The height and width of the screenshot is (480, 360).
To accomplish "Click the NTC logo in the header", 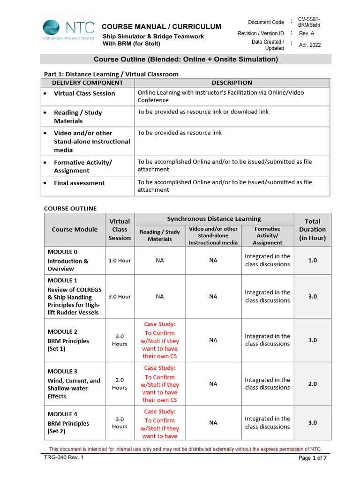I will point(68,29).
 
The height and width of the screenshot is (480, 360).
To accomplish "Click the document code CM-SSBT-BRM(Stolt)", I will point(309,22).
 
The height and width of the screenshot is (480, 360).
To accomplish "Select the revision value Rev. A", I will point(307,33).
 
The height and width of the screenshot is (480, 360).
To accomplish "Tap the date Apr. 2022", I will point(310,45).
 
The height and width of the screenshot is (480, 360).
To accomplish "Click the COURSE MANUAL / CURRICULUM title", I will point(162,26).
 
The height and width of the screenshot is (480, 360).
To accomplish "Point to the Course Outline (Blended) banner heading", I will point(186,59).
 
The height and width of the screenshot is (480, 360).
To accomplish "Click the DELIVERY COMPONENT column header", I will point(88,82).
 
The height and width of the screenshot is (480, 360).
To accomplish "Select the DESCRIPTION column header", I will point(232,82).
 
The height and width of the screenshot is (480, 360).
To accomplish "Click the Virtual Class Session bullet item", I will point(84,93).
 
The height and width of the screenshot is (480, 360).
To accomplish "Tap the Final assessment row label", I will point(79,183).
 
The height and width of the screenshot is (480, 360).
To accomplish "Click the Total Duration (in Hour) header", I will point(312,229).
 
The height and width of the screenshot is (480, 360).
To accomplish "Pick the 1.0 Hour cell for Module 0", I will point(120,260).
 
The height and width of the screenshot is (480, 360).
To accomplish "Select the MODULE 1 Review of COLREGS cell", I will point(75,297).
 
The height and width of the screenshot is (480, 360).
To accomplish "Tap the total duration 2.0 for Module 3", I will point(312,383).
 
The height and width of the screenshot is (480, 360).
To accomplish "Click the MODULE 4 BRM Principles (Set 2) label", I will point(68,423).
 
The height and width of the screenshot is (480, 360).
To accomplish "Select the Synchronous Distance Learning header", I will point(214,218).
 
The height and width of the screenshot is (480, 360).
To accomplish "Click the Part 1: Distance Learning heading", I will point(111,74).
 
